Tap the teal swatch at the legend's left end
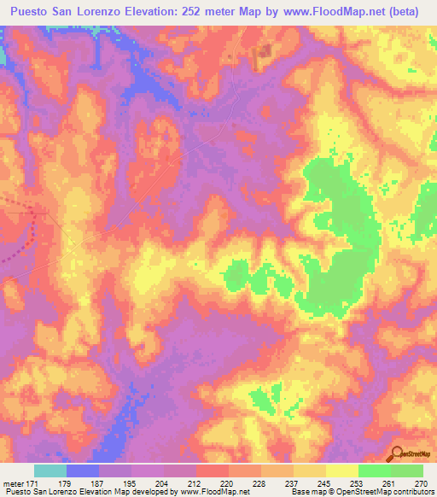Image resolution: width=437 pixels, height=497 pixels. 50,471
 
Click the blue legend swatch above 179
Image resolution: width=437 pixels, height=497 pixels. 83,471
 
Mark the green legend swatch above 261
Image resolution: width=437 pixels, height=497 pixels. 375,471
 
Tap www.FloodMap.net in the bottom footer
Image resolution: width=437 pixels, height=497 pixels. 213,492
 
